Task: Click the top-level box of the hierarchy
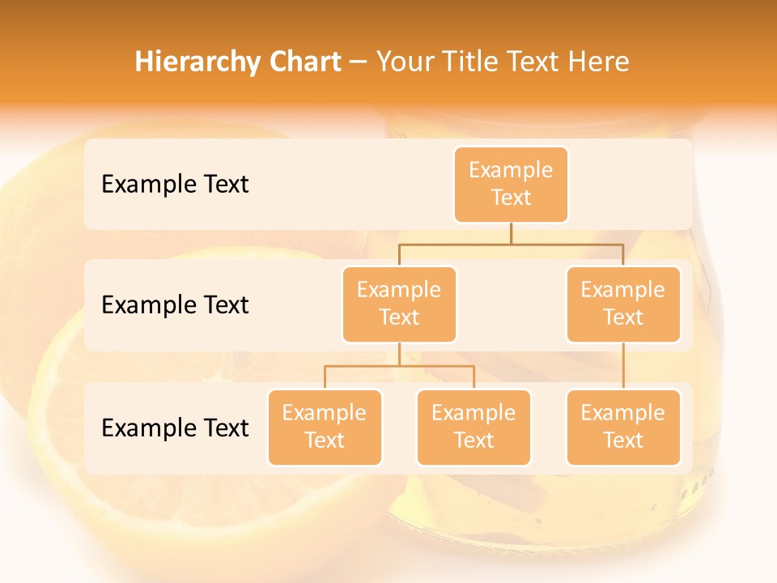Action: [x=511, y=184]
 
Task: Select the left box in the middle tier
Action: [x=399, y=304]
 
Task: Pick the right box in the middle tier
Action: [x=623, y=304]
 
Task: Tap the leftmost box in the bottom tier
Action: [x=325, y=427]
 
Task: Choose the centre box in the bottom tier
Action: [x=473, y=427]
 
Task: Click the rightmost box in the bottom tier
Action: [x=623, y=427]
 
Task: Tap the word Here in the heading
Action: [x=599, y=62]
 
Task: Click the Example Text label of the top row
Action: [x=175, y=185]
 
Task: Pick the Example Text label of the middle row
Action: [x=175, y=305]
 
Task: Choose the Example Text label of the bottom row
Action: [x=175, y=428]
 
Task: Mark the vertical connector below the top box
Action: [x=511, y=232]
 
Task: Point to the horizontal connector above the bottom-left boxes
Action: [x=399, y=366]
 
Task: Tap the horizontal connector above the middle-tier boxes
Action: [x=511, y=243]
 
